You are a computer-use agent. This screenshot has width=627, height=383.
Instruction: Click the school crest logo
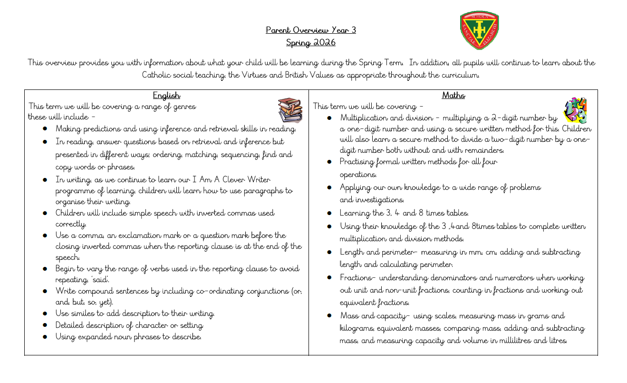pos(479,30)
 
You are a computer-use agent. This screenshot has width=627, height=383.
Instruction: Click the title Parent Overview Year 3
pos(310,30)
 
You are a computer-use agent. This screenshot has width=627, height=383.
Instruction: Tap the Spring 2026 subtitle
pos(310,43)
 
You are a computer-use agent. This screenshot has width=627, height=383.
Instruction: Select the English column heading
pos(166,96)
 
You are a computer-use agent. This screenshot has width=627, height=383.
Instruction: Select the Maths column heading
pos(453,96)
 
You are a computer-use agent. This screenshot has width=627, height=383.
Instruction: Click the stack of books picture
pos(290,110)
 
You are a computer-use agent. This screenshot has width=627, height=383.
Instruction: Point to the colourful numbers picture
pos(575,111)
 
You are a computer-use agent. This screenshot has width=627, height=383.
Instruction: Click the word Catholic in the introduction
pos(156,75)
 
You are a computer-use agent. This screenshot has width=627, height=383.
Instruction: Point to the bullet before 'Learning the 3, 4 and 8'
pos(329,214)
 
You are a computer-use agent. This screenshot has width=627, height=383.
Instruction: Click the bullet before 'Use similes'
pos(45,314)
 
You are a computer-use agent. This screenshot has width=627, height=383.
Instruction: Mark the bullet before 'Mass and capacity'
pos(329,316)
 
